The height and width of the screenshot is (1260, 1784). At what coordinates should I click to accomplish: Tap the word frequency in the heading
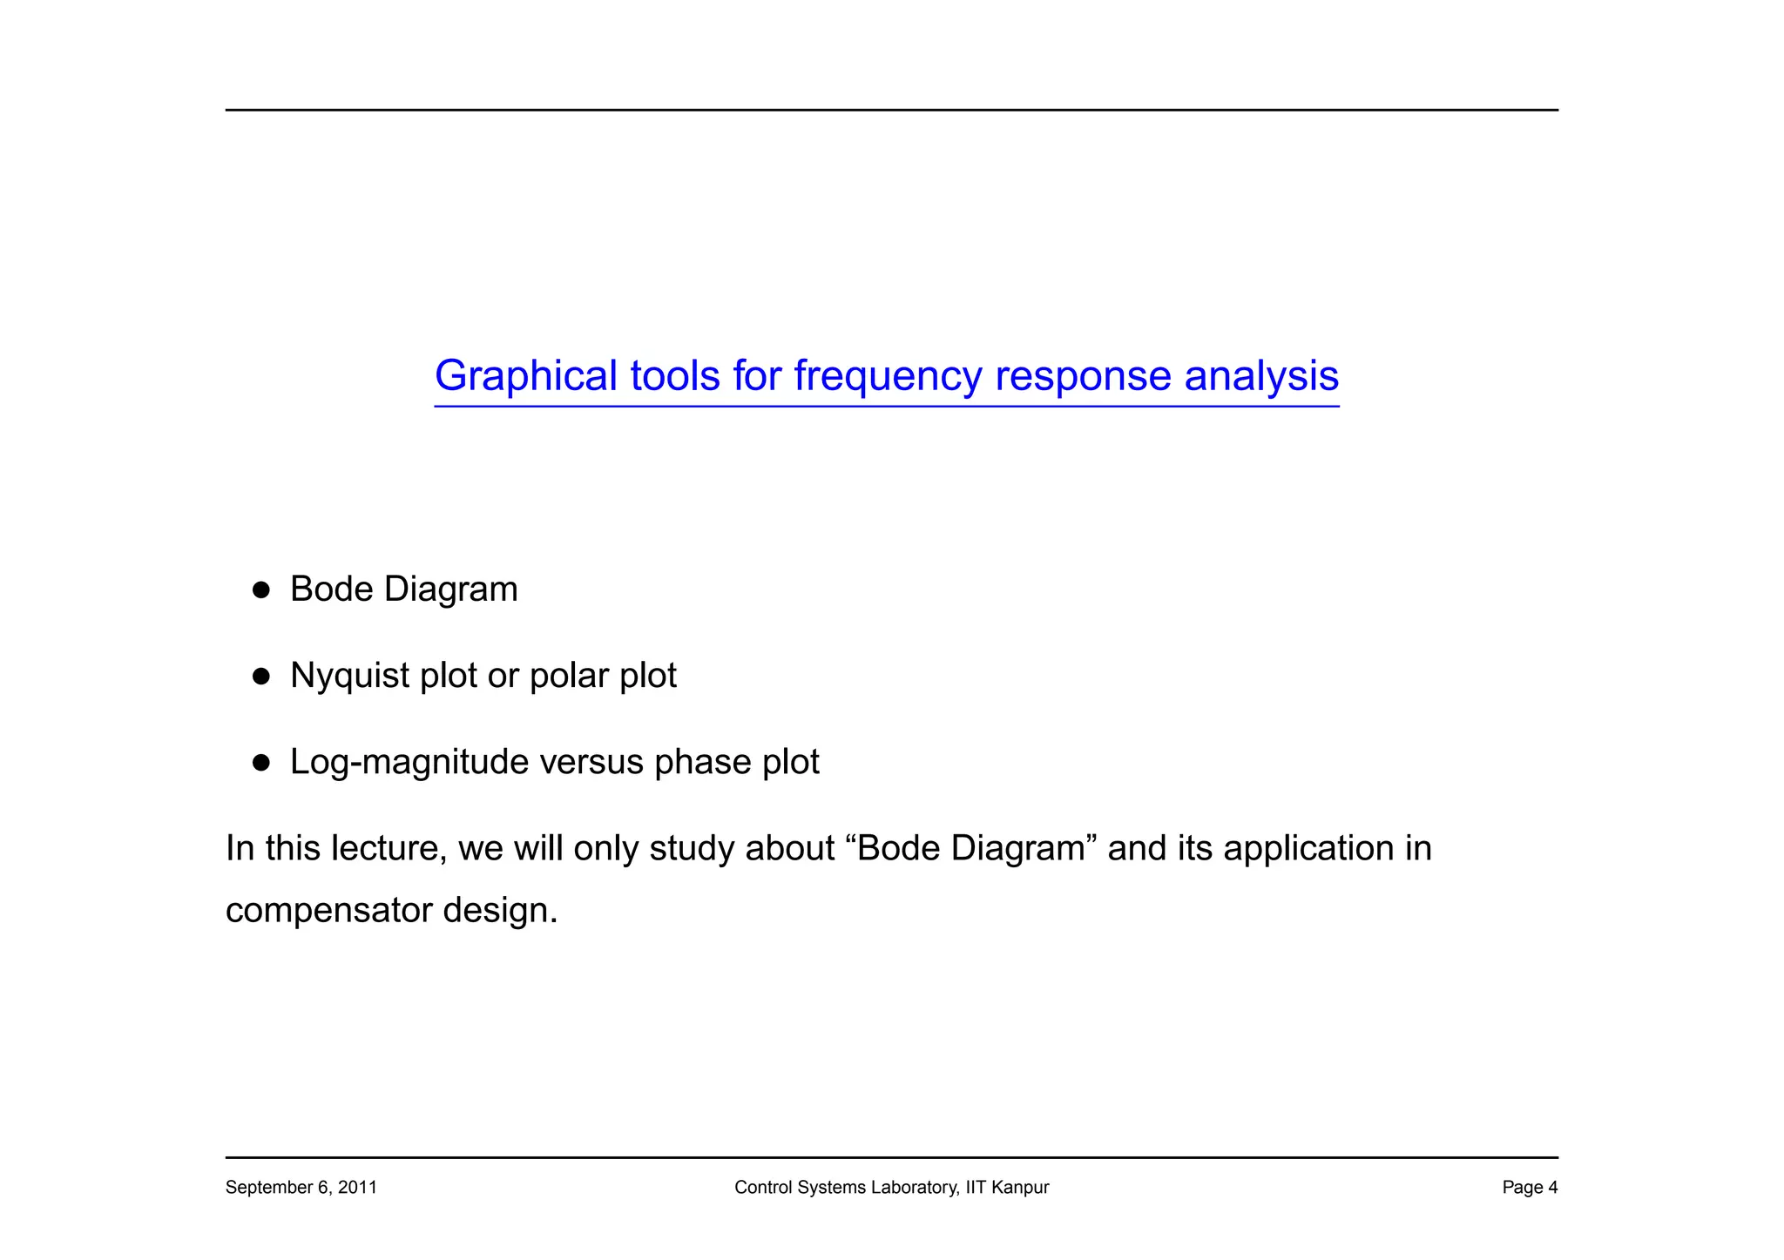(x=888, y=376)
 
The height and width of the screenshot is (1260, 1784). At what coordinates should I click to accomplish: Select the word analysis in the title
(x=1261, y=376)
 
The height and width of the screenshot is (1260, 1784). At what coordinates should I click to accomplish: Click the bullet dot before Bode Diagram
(x=260, y=590)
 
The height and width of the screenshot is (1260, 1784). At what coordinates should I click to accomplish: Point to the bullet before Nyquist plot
(x=260, y=677)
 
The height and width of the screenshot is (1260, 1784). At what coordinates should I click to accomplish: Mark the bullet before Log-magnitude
(x=260, y=764)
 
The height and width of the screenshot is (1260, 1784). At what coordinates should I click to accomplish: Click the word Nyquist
(x=349, y=676)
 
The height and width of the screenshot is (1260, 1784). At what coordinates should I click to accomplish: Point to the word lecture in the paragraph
(x=389, y=848)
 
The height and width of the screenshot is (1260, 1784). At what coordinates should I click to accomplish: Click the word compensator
(x=328, y=911)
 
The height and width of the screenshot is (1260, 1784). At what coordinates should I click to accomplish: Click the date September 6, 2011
(x=301, y=1187)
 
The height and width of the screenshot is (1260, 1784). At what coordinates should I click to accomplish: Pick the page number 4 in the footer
(x=1552, y=1187)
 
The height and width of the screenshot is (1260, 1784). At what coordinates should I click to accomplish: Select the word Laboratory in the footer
(x=915, y=1187)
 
